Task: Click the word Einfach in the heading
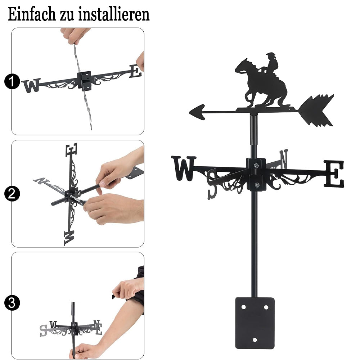(x=32, y=14)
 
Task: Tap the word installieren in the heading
(x=114, y=14)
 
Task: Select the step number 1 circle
(x=12, y=81)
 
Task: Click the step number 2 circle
(x=12, y=194)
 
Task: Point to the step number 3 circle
(x=12, y=303)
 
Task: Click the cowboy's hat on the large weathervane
(x=271, y=55)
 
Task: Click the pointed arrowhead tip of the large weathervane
(x=190, y=112)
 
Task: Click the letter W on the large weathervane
(x=184, y=168)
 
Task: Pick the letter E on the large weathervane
(x=334, y=174)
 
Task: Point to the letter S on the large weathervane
(x=212, y=184)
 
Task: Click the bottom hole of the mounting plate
(x=255, y=340)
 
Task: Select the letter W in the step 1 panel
(x=31, y=85)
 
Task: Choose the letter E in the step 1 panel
(x=135, y=71)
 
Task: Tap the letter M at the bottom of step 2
(x=69, y=238)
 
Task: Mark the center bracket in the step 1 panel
(x=84, y=81)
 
